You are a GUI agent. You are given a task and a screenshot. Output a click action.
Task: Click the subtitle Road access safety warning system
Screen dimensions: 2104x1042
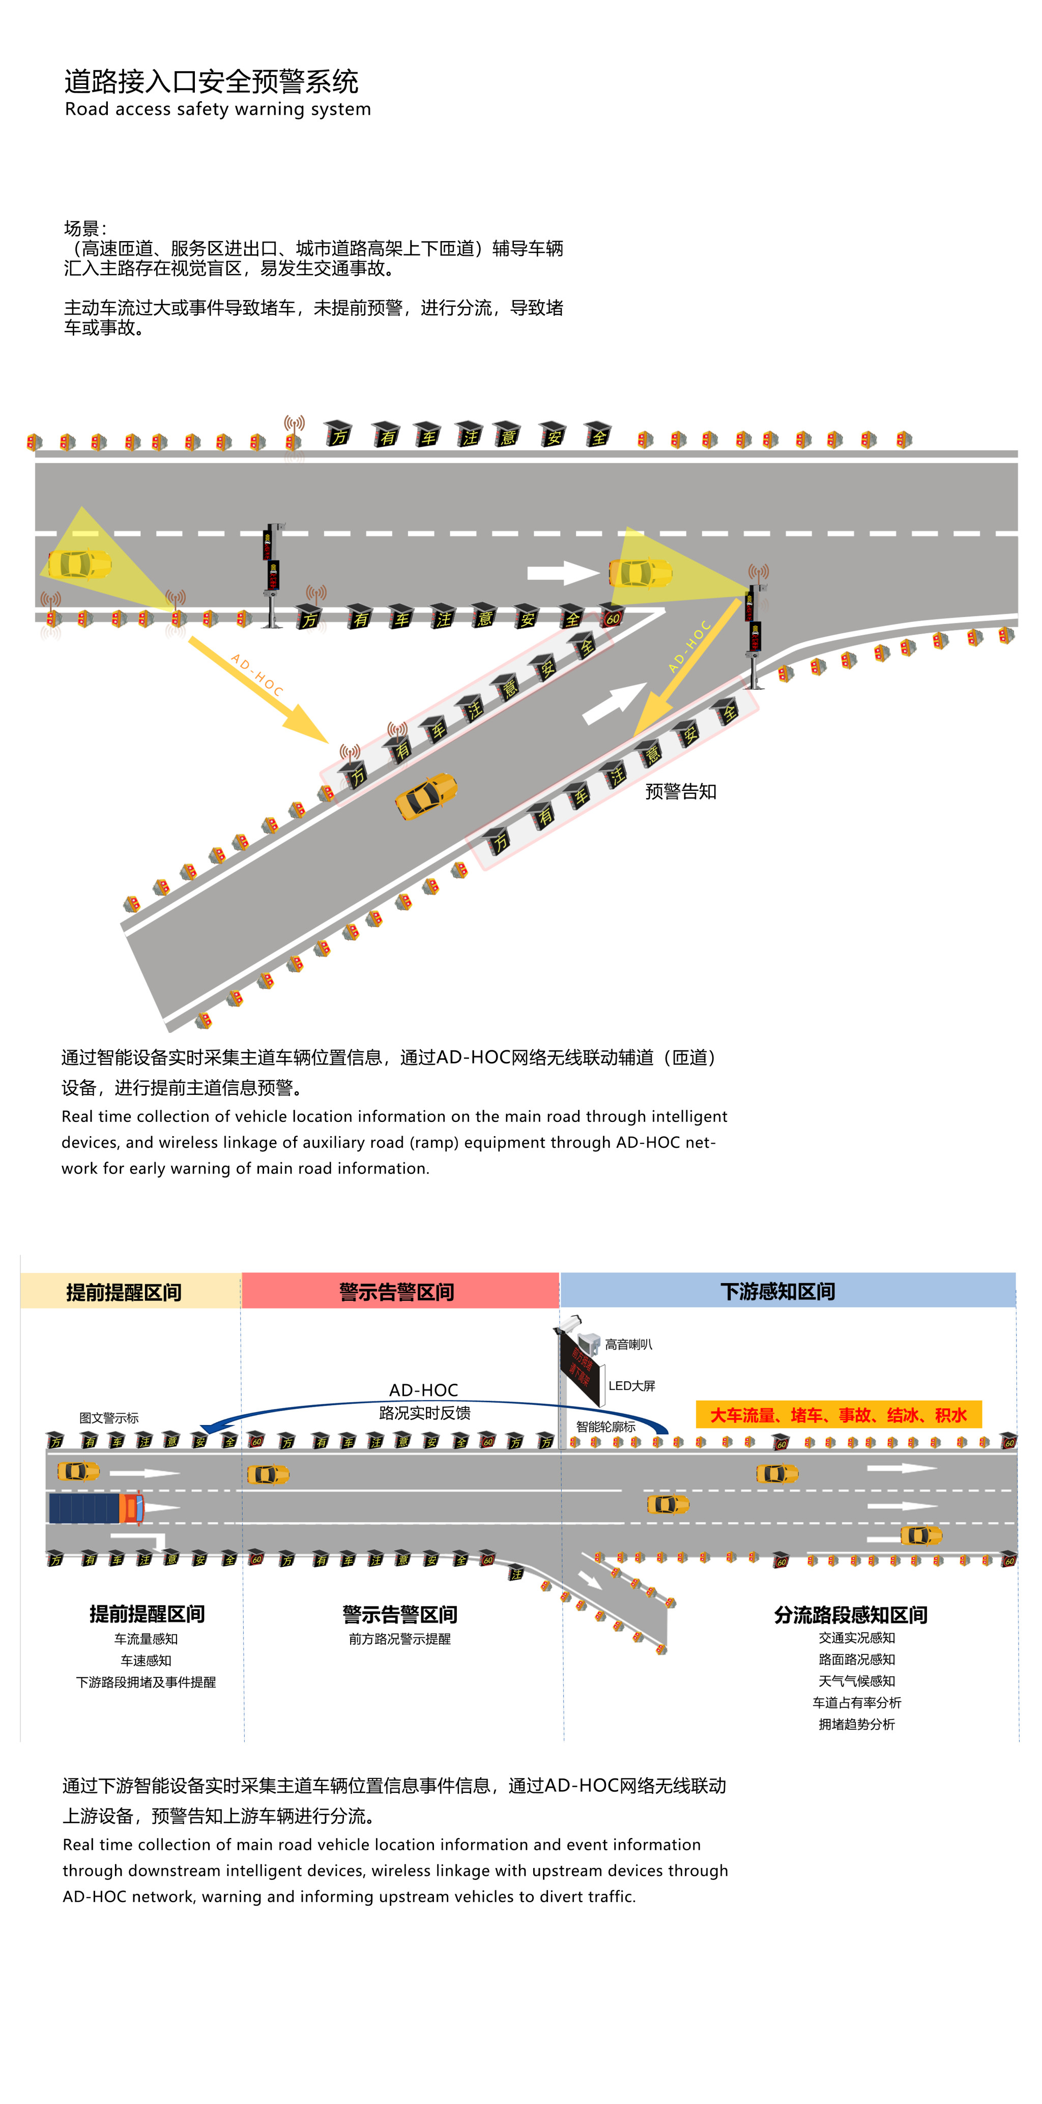click(x=217, y=109)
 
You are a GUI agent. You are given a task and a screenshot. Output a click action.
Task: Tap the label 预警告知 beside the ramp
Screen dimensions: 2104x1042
click(x=680, y=791)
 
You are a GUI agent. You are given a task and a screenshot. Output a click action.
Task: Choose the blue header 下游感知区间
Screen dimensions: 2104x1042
click(x=777, y=1291)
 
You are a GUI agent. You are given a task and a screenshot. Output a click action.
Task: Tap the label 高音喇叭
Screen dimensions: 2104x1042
click(x=628, y=1344)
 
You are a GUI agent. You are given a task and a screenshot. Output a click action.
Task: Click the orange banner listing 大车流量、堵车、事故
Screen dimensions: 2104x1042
click(x=837, y=1415)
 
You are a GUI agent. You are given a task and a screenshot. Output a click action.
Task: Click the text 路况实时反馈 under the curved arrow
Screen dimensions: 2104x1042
click(x=424, y=1413)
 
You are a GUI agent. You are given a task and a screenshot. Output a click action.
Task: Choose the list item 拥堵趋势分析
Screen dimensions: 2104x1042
click(x=856, y=1724)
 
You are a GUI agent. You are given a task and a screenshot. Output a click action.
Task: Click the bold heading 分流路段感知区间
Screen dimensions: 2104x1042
click(x=850, y=1615)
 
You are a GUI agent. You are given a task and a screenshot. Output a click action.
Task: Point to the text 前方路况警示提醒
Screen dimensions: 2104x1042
click(x=399, y=1639)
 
